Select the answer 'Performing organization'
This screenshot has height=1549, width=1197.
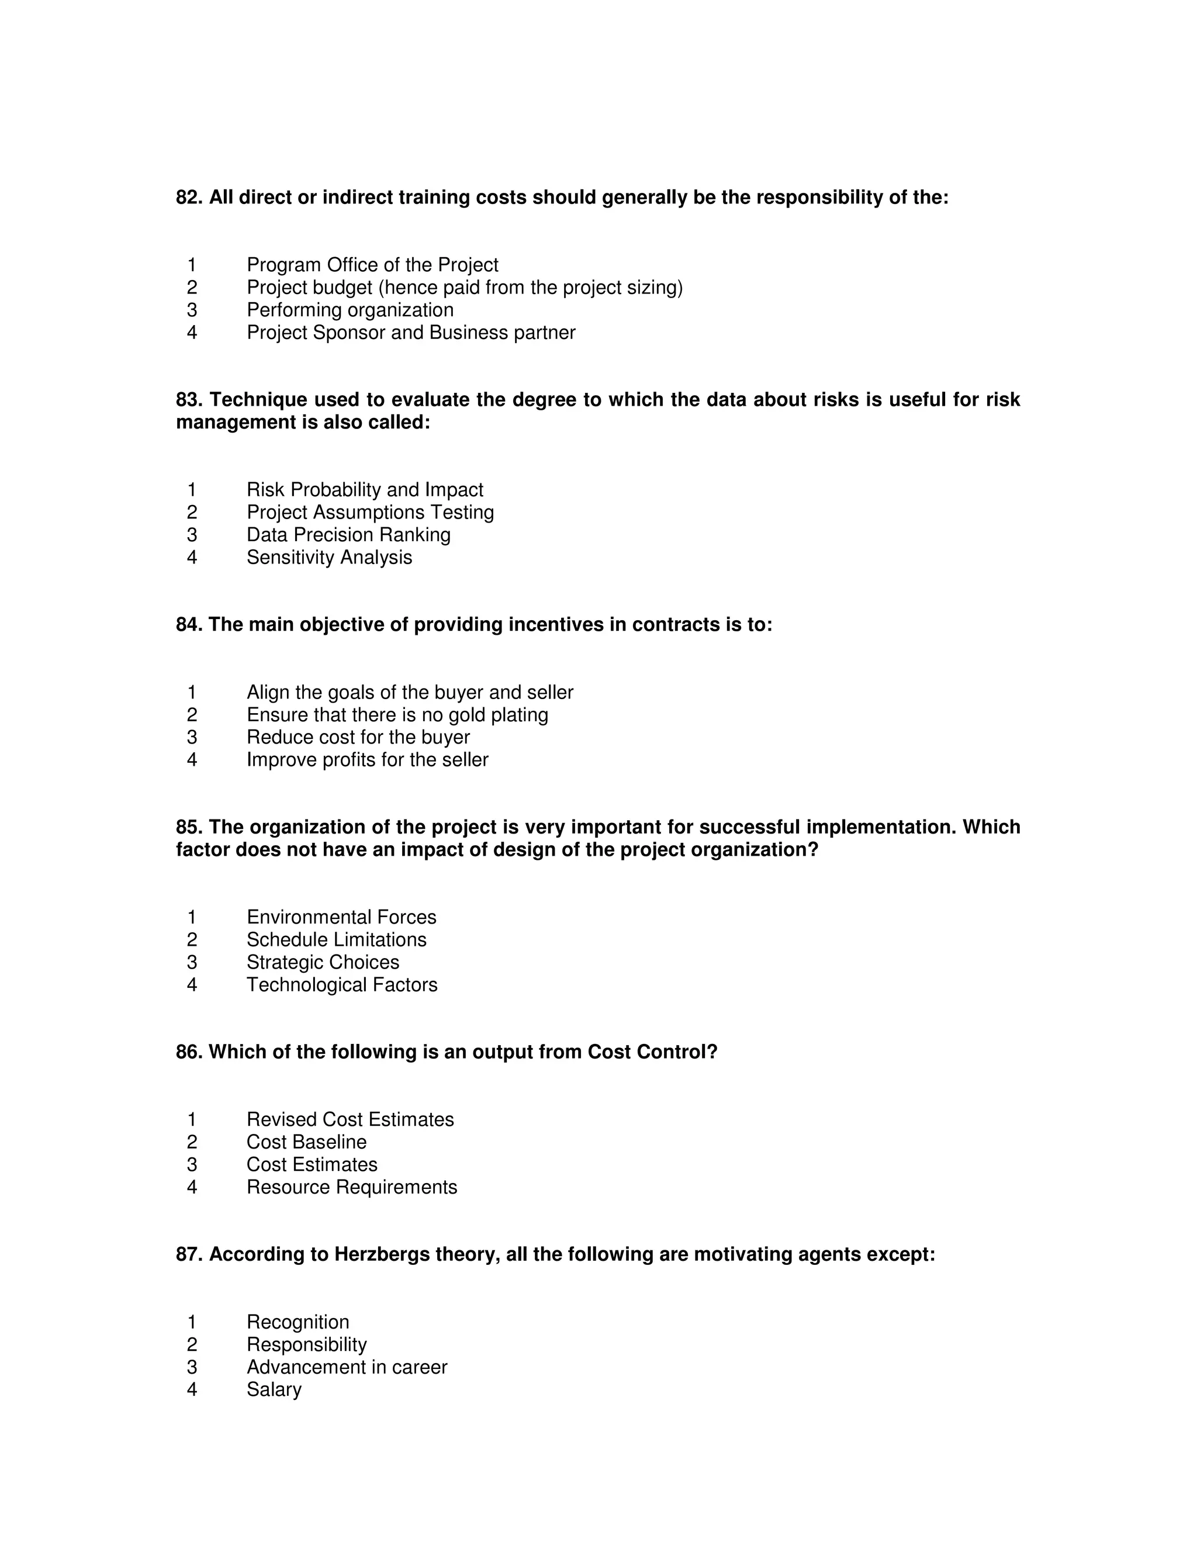click(x=350, y=310)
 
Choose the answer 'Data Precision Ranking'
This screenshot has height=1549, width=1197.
click(x=348, y=535)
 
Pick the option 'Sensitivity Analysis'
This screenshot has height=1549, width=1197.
click(x=329, y=558)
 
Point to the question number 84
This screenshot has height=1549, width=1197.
click(x=189, y=625)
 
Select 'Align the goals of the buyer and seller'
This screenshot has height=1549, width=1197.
click(x=410, y=692)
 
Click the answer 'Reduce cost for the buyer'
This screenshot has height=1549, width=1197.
click(x=358, y=738)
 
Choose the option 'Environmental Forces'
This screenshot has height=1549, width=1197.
click(x=341, y=917)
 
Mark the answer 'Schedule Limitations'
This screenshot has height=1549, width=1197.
click(x=336, y=940)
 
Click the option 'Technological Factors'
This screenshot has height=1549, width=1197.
click(x=342, y=985)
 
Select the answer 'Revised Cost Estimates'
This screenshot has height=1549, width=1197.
click(x=350, y=1119)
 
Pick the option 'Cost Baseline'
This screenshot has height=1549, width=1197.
click(x=306, y=1142)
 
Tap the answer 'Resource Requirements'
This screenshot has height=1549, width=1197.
click(x=352, y=1187)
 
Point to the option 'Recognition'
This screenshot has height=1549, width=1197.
click(x=298, y=1322)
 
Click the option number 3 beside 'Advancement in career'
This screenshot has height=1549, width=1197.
click(x=192, y=1367)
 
